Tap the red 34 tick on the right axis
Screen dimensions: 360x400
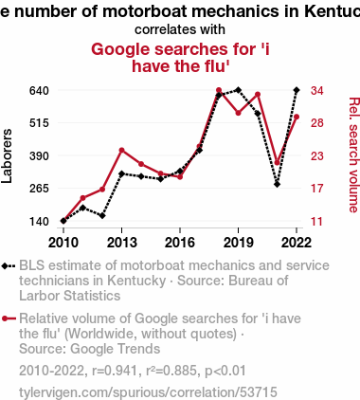317,91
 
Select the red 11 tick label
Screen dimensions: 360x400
317,222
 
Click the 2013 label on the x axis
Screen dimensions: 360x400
121,243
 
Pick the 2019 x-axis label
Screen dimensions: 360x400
238,243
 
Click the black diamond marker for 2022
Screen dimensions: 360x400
297,90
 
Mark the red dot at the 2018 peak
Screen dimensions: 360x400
219,90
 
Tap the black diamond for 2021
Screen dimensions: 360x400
277,184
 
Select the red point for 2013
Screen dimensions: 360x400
121,150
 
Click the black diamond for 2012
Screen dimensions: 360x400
102,216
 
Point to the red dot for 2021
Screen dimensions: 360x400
277,163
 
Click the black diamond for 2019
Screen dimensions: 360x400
238,90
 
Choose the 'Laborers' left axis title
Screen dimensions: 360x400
7,155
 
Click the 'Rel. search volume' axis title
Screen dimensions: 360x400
354,155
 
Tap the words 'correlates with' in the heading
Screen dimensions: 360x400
180,29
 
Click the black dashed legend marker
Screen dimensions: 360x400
9,265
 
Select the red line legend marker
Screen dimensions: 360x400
9,318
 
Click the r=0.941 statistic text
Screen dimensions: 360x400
115,371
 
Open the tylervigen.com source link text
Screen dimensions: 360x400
148,392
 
